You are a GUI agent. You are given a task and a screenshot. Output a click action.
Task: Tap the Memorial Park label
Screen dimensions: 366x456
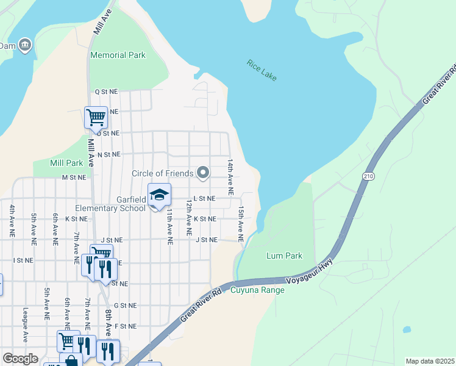tap(118, 55)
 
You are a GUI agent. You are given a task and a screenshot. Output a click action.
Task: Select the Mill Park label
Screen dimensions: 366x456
tap(66, 163)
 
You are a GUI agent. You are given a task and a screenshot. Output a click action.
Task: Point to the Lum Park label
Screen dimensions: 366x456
tap(284, 256)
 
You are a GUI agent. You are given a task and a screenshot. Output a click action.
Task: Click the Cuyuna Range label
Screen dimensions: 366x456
tap(257, 290)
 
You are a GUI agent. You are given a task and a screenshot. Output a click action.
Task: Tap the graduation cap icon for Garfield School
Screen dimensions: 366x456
tap(159, 195)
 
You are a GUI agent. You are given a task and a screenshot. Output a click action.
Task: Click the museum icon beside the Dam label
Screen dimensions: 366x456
tap(24, 45)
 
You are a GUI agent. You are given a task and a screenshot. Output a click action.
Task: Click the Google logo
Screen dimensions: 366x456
tap(20, 359)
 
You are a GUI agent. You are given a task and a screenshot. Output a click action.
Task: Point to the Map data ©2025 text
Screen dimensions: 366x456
tap(430, 361)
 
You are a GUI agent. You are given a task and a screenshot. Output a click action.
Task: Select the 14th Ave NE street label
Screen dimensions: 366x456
tap(231, 177)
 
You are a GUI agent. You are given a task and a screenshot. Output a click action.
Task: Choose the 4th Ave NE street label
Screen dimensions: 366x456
tap(12, 221)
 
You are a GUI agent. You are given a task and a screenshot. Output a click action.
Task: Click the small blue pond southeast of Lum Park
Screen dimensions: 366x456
tap(406, 330)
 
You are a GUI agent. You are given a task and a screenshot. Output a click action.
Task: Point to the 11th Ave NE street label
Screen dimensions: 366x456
tap(170, 226)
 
